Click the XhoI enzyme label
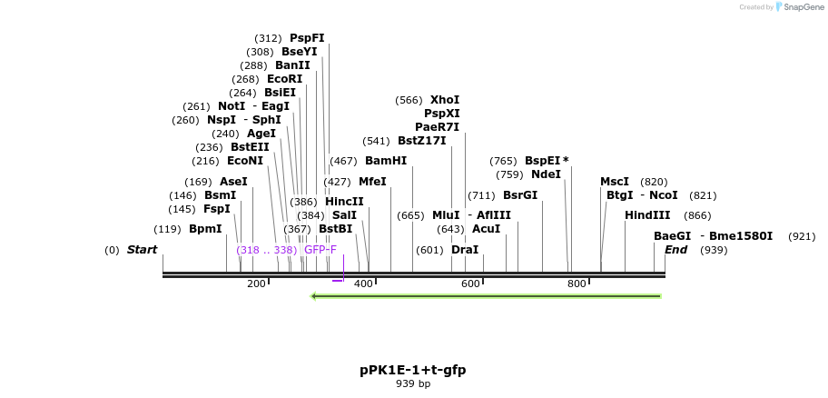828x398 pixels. (445, 100)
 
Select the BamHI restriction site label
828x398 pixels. (386, 161)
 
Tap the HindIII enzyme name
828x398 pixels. (647, 215)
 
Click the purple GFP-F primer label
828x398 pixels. (320, 250)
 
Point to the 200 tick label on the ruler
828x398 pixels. (256, 284)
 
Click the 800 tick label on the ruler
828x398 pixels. (577, 284)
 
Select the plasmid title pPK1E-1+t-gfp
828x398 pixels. (413, 370)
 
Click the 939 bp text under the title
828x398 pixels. (413, 384)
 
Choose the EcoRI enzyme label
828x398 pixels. (284, 79)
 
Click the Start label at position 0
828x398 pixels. (142, 250)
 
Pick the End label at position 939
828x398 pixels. (676, 250)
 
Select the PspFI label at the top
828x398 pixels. (307, 38)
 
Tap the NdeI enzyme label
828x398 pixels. (546, 174)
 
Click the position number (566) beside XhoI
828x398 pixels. (409, 100)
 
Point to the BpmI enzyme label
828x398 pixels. (205, 229)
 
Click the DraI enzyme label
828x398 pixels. (464, 250)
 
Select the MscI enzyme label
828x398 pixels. (615, 182)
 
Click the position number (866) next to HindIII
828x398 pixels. (697, 215)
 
